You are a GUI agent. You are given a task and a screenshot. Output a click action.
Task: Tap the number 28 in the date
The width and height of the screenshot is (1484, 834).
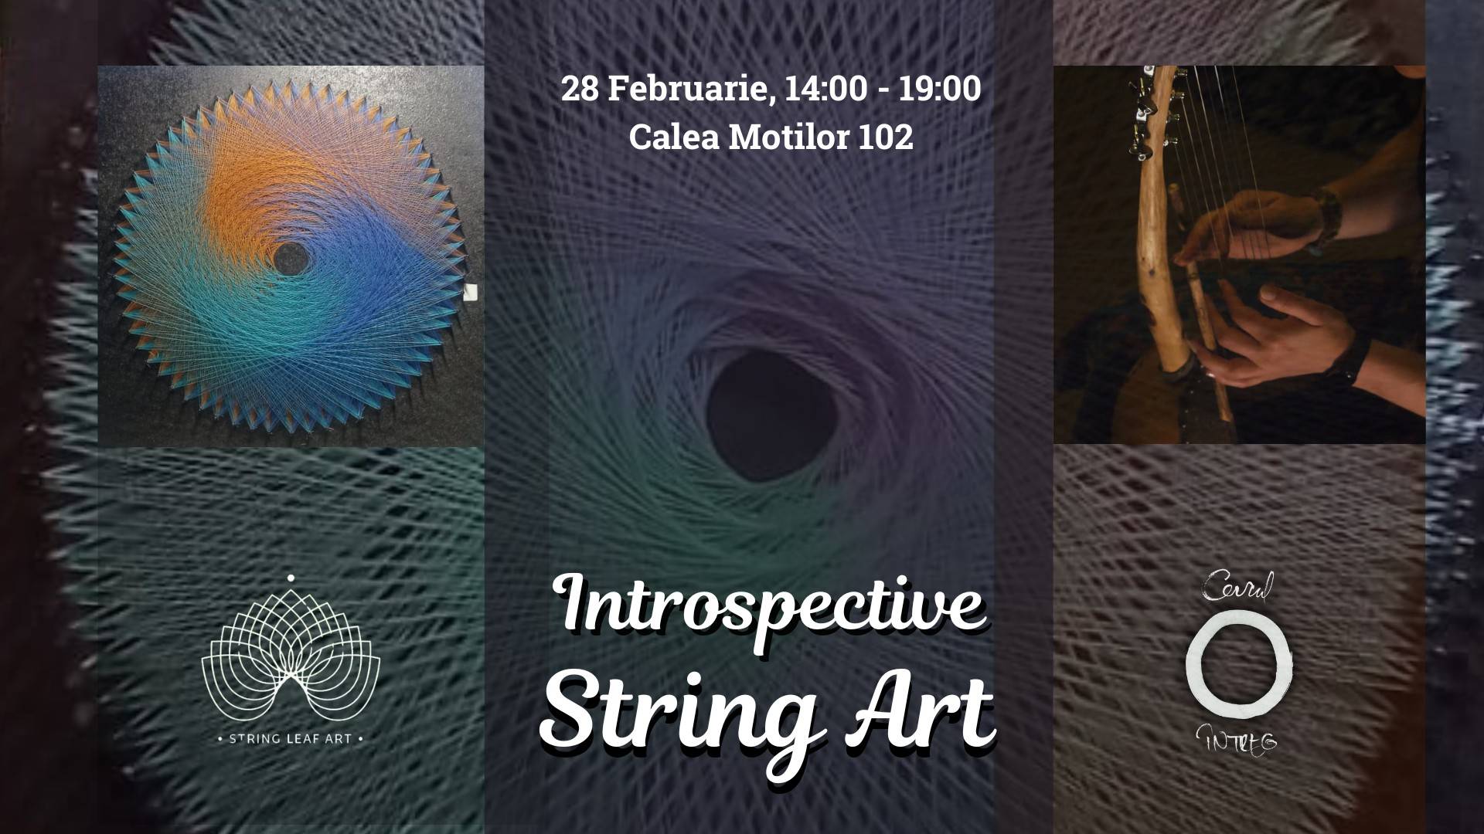(x=580, y=90)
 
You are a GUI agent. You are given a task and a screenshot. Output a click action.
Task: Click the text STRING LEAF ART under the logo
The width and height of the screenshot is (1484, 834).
(x=291, y=738)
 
